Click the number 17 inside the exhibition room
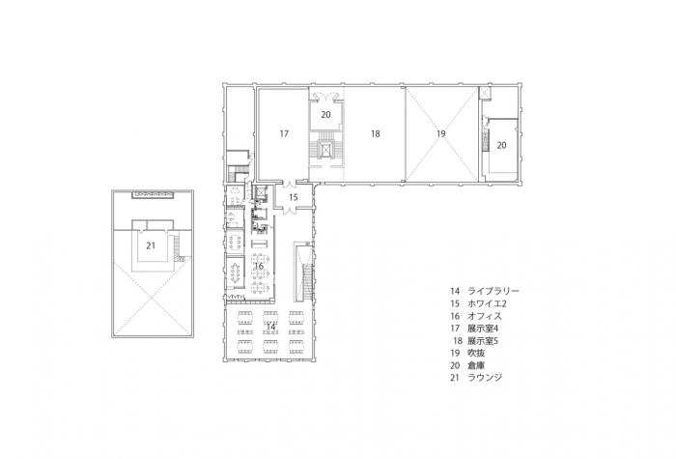(x=285, y=133)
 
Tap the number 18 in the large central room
(x=375, y=133)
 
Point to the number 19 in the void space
(x=439, y=133)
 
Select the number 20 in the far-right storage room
(x=501, y=145)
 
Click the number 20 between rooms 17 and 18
(x=326, y=115)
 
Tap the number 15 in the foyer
(x=295, y=197)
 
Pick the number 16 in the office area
(x=259, y=266)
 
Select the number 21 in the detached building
(x=151, y=245)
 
